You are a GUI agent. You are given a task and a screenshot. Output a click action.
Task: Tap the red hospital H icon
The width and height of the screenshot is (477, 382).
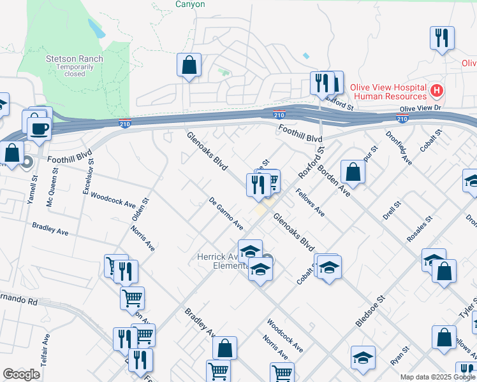(437, 91)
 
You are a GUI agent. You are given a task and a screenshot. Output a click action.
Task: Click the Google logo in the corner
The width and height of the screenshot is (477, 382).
(21, 375)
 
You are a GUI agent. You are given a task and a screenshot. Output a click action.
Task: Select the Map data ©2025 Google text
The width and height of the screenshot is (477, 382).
(437, 377)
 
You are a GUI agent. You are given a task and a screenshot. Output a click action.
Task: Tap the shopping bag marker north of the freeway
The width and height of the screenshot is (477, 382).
(189, 65)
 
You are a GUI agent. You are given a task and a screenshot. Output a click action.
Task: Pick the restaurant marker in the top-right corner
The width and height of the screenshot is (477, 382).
(441, 38)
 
